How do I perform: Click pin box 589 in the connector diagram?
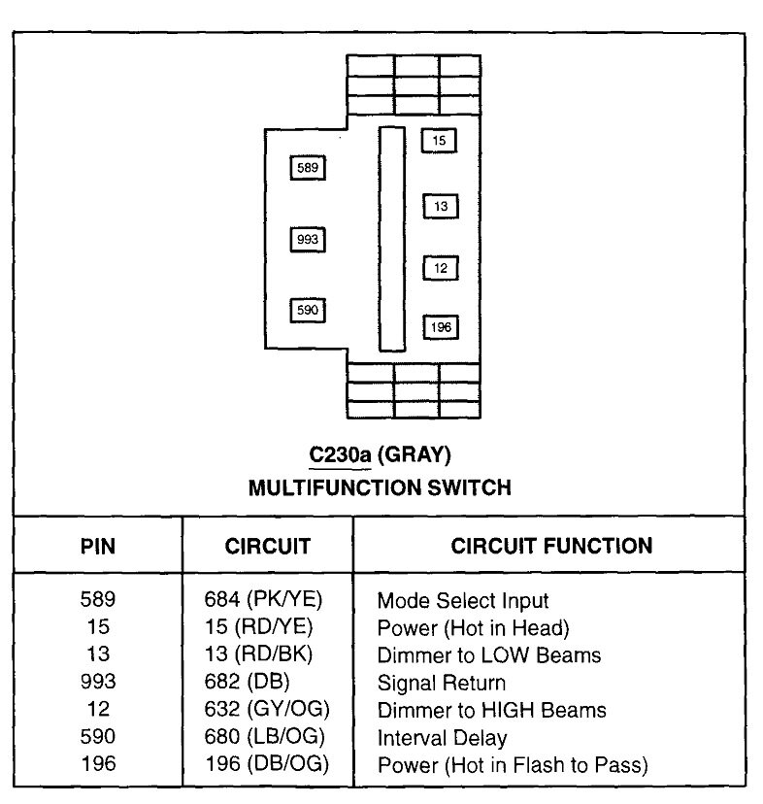tap(308, 169)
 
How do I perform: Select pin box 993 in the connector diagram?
tap(308, 239)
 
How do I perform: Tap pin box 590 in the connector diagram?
tap(308, 311)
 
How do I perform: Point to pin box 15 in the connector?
tap(439, 141)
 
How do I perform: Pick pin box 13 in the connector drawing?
tap(441, 207)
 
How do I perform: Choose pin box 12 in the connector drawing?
tap(441, 268)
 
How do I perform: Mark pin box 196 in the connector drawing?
tap(441, 327)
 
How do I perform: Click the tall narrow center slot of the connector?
tap(391, 238)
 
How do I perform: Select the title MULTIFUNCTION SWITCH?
tap(381, 486)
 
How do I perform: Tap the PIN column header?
tap(97, 546)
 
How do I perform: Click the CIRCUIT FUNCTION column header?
tap(551, 545)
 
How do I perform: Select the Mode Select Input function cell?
tap(463, 601)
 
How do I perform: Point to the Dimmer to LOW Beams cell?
tap(489, 655)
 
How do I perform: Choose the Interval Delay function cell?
tap(442, 738)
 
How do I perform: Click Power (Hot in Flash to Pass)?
tap(513, 765)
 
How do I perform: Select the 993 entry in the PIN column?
tap(97, 683)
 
